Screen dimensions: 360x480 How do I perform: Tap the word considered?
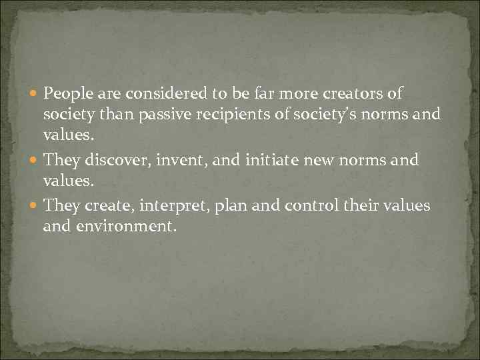(151, 93)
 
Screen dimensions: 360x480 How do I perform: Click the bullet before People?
(34, 94)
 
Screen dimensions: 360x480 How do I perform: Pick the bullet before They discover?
(34, 161)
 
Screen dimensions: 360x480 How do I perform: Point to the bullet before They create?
(34, 206)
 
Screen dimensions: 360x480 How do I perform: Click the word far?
(273, 93)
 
